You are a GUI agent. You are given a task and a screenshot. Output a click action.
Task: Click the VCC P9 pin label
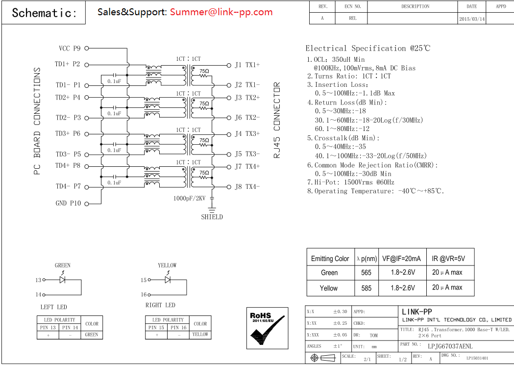tap(70, 48)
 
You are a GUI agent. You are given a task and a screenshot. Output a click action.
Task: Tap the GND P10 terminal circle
tap(87, 204)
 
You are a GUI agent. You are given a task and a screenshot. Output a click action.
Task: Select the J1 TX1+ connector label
tap(247, 65)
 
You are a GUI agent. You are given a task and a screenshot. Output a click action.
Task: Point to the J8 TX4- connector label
tap(247, 187)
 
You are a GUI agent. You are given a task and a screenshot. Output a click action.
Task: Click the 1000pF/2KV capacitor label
tap(190, 198)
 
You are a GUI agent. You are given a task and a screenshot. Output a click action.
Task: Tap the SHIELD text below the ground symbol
tap(212, 217)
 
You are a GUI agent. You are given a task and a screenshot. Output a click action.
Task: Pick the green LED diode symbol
tap(62, 280)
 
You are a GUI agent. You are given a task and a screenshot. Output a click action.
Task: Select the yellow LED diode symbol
tap(168, 280)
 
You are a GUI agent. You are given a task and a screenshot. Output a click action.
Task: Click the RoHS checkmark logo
tap(267, 328)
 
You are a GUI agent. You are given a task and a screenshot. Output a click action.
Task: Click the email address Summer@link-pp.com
tap(221, 12)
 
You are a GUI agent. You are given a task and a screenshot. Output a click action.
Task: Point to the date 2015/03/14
tap(472, 19)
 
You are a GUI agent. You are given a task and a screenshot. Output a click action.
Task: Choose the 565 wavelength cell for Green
tap(366, 272)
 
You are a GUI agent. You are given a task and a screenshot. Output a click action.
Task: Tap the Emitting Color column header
tap(330, 259)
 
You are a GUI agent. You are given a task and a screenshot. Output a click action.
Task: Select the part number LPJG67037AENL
tap(450, 346)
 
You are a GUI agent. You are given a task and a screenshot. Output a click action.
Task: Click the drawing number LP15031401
tap(477, 358)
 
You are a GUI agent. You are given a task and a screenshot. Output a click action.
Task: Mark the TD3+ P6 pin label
tap(68, 133)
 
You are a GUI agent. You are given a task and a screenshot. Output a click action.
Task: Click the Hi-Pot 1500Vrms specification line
tap(350, 182)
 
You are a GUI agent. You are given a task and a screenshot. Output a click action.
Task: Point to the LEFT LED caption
tap(54, 307)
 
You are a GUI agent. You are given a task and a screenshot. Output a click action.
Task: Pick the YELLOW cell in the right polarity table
tap(200, 335)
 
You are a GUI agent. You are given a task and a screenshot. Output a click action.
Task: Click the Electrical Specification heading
tap(367, 48)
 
